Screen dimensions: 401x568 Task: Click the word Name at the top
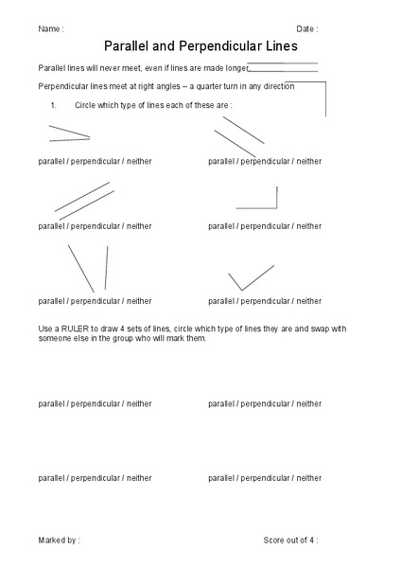point(49,29)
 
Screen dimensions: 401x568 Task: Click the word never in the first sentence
point(120,69)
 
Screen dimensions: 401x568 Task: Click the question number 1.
point(55,105)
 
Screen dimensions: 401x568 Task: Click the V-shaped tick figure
point(248,278)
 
